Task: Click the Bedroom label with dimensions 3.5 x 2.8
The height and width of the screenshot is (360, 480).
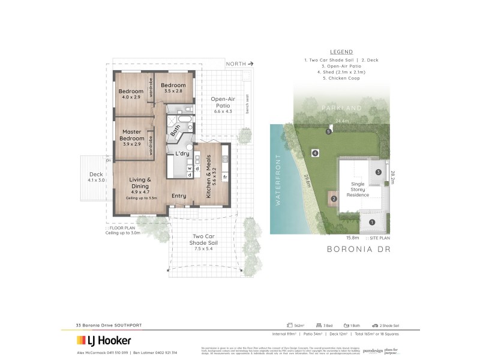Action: [175, 88]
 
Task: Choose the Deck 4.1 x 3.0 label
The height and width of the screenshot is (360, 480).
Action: [96, 177]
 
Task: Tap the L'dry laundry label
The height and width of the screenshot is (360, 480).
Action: [182, 154]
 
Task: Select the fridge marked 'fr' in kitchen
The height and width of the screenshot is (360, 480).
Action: [224, 178]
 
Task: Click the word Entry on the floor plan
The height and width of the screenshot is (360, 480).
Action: [179, 196]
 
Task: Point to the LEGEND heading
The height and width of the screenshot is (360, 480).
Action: [341, 52]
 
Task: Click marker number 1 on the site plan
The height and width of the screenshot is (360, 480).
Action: [371, 222]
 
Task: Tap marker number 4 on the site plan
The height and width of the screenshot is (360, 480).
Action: [314, 154]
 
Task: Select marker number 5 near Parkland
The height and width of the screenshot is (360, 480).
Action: [328, 131]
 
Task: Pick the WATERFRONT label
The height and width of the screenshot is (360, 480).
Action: [278, 180]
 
